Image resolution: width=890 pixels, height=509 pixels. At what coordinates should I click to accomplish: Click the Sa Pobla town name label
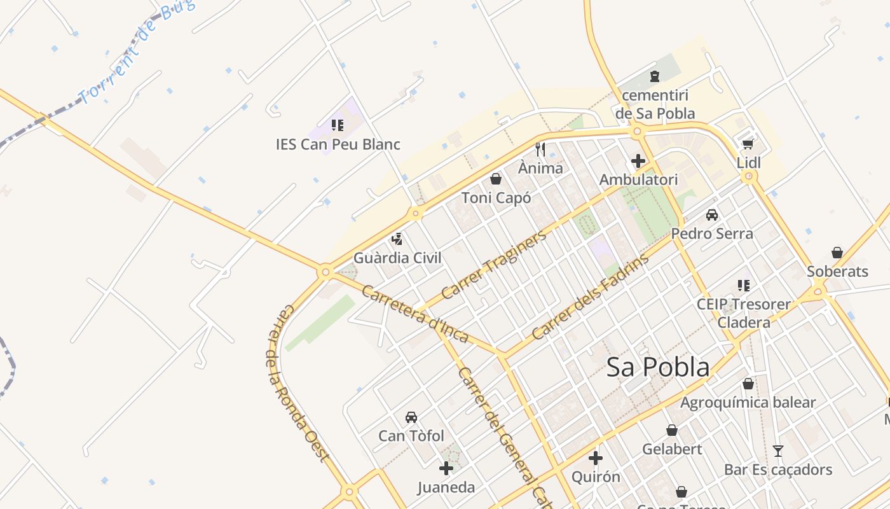point(657,368)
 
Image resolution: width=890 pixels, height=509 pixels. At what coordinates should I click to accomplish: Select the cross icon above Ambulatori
point(638,161)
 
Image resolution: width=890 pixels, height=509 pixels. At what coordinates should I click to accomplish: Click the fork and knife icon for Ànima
point(540,150)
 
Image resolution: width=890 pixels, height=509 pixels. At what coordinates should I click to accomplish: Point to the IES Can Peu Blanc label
point(338,144)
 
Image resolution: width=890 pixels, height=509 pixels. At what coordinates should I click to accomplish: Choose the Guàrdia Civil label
point(397,258)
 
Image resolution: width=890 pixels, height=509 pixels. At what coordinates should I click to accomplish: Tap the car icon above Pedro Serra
point(712,215)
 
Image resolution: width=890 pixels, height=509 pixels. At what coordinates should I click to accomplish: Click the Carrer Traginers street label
point(493,265)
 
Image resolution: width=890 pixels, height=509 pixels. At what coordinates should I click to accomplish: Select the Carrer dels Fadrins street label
point(591,296)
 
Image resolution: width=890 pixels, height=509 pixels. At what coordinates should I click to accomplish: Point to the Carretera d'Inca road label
point(414,314)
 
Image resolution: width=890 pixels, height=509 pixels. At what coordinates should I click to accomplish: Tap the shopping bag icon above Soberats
point(837,253)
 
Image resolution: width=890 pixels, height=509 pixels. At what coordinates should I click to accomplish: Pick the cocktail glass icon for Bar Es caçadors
point(778,451)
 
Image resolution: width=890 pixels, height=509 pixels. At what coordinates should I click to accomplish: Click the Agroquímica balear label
point(748,403)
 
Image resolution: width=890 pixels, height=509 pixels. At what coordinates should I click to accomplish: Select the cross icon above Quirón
point(596,458)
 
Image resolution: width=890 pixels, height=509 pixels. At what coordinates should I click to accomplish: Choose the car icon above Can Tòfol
point(411,417)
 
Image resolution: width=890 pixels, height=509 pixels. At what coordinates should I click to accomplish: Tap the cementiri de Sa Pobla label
point(655,104)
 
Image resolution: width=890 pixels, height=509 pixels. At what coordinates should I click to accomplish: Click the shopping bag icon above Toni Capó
point(496,179)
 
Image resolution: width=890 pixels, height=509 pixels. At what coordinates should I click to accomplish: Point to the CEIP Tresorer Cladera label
point(744,313)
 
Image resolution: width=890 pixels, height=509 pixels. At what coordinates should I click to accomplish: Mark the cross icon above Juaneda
point(446,469)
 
